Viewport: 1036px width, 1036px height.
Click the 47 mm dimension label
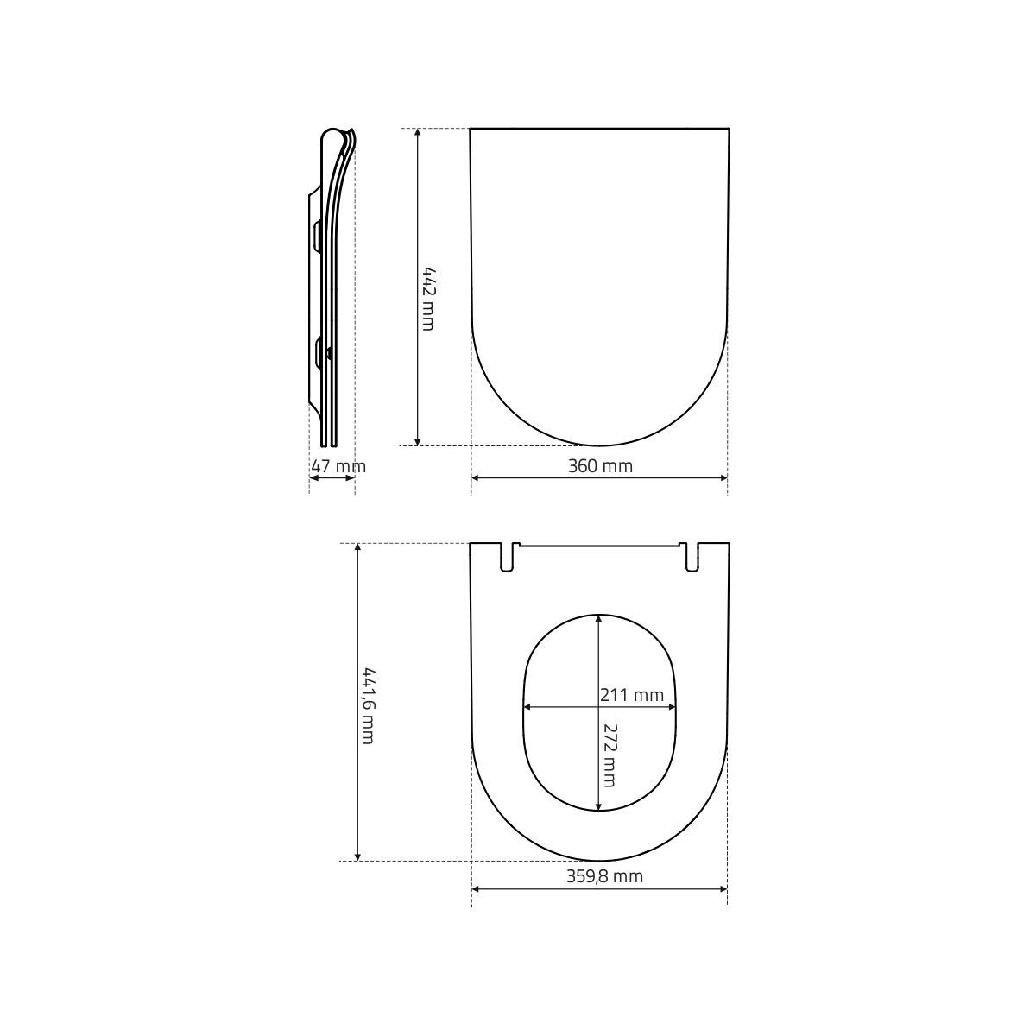pyautogui.click(x=338, y=466)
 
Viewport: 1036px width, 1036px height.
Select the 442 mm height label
pyautogui.click(x=428, y=299)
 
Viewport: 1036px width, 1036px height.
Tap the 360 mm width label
pyautogui.click(x=600, y=465)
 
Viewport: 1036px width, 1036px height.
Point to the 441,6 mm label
pyautogui.click(x=369, y=705)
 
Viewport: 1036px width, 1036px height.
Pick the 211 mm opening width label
pyautogui.click(x=632, y=695)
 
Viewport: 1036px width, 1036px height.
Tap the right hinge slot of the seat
pyautogui.click(x=692, y=557)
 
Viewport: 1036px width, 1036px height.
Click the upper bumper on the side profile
pyautogui.click(x=317, y=235)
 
